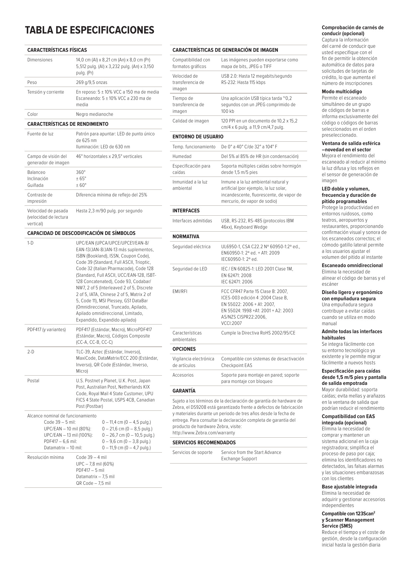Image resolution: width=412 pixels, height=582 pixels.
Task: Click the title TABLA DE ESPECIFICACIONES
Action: [x=90, y=30]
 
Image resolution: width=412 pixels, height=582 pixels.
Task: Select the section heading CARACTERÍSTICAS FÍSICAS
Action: [x=57, y=50]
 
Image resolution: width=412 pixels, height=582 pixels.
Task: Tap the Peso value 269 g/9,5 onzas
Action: [x=92, y=82]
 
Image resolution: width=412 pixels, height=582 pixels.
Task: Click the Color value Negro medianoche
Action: [x=95, y=114]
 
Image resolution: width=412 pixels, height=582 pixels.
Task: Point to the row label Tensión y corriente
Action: [x=45, y=92]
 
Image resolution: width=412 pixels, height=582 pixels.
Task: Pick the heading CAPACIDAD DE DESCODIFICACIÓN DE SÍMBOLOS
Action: [x=81, y=233]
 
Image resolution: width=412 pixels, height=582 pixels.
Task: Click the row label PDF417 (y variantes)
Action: [x=46, y=329]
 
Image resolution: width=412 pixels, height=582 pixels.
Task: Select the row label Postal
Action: [x=33, y=381]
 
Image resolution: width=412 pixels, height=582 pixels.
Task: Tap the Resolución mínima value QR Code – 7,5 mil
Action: [x=93, y=483]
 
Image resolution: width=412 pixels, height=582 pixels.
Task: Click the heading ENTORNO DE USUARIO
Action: [x=198, y=137]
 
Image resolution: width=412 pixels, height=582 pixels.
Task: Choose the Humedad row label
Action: [x=182, y=156]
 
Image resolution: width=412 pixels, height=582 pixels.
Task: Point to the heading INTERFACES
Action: [x=186, y=211]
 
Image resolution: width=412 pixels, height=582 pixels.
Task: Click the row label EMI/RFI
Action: [x=180, y=291]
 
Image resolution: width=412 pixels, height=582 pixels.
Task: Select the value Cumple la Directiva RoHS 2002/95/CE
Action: [x=258, y=333]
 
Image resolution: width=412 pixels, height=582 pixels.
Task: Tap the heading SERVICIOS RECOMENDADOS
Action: [x=204, y=443]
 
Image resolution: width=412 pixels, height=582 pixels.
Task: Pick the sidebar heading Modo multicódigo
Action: [x=342, y=92]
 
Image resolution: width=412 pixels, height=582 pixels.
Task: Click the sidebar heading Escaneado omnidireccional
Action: [x=352, y=265]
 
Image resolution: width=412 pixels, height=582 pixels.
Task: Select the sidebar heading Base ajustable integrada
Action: [x=349, y=487]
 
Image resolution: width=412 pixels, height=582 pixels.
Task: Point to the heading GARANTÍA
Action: [x=184, y=391]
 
